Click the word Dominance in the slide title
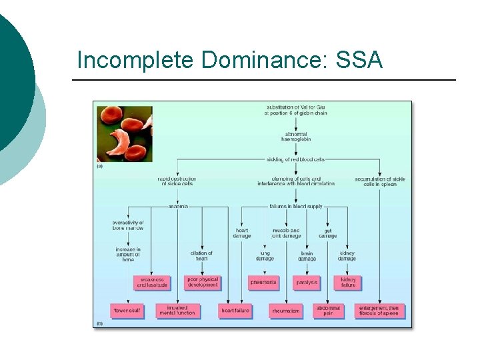click(259, 61)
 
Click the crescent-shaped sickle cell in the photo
click(129, 140)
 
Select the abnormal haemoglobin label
click(296, 137)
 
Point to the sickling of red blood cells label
click(297, 159)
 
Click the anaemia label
click(178, 207)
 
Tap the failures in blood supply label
click(297, 207)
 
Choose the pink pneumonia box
click(263, 283)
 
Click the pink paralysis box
click(307, 283)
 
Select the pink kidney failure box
click(348, 282)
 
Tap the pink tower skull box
click(126, 310)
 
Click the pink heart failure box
click(235, 310)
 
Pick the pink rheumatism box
click(285, 311)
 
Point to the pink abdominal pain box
click(328, 311)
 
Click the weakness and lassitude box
click(151, 283)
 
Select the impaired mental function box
click(177, 311)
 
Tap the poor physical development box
click(202, 282)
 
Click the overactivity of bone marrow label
click(128, 225)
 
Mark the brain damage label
click(307, 256)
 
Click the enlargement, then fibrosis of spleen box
click(379, 311)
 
